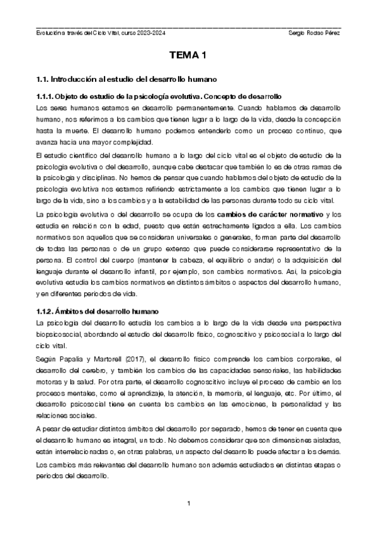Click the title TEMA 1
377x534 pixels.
point(188,56)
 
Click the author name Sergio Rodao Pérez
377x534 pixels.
point(313,33)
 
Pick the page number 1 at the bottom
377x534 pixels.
point(188,503)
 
